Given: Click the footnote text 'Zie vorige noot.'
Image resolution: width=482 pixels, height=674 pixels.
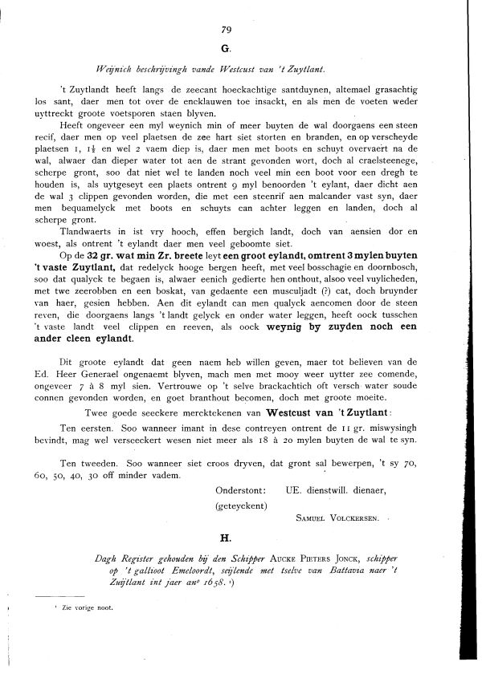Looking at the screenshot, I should point(86,607).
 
